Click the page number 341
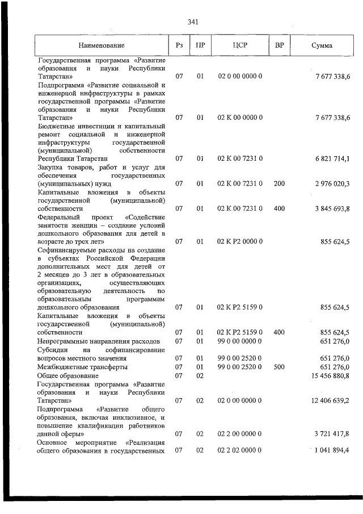pyautogui.click(x=192, y=22)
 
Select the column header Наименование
pyautogui.click(x=102, y=45)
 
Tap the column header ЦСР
pyautogui.click(x=240, y=45)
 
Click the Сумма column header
pyautogui.click(x=322, y=45)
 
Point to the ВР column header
pyautogui.click(x=279, y=45)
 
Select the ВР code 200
pyautogui.click(x=278, y=183)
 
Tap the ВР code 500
pyautogui.click(x=278, y=367)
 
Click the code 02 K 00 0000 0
pyautogui.click(x=240, y=117)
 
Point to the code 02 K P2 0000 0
pyautogui.click(x=240, y=241)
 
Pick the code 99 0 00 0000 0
pyautogui.click(x=240, y=341)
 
